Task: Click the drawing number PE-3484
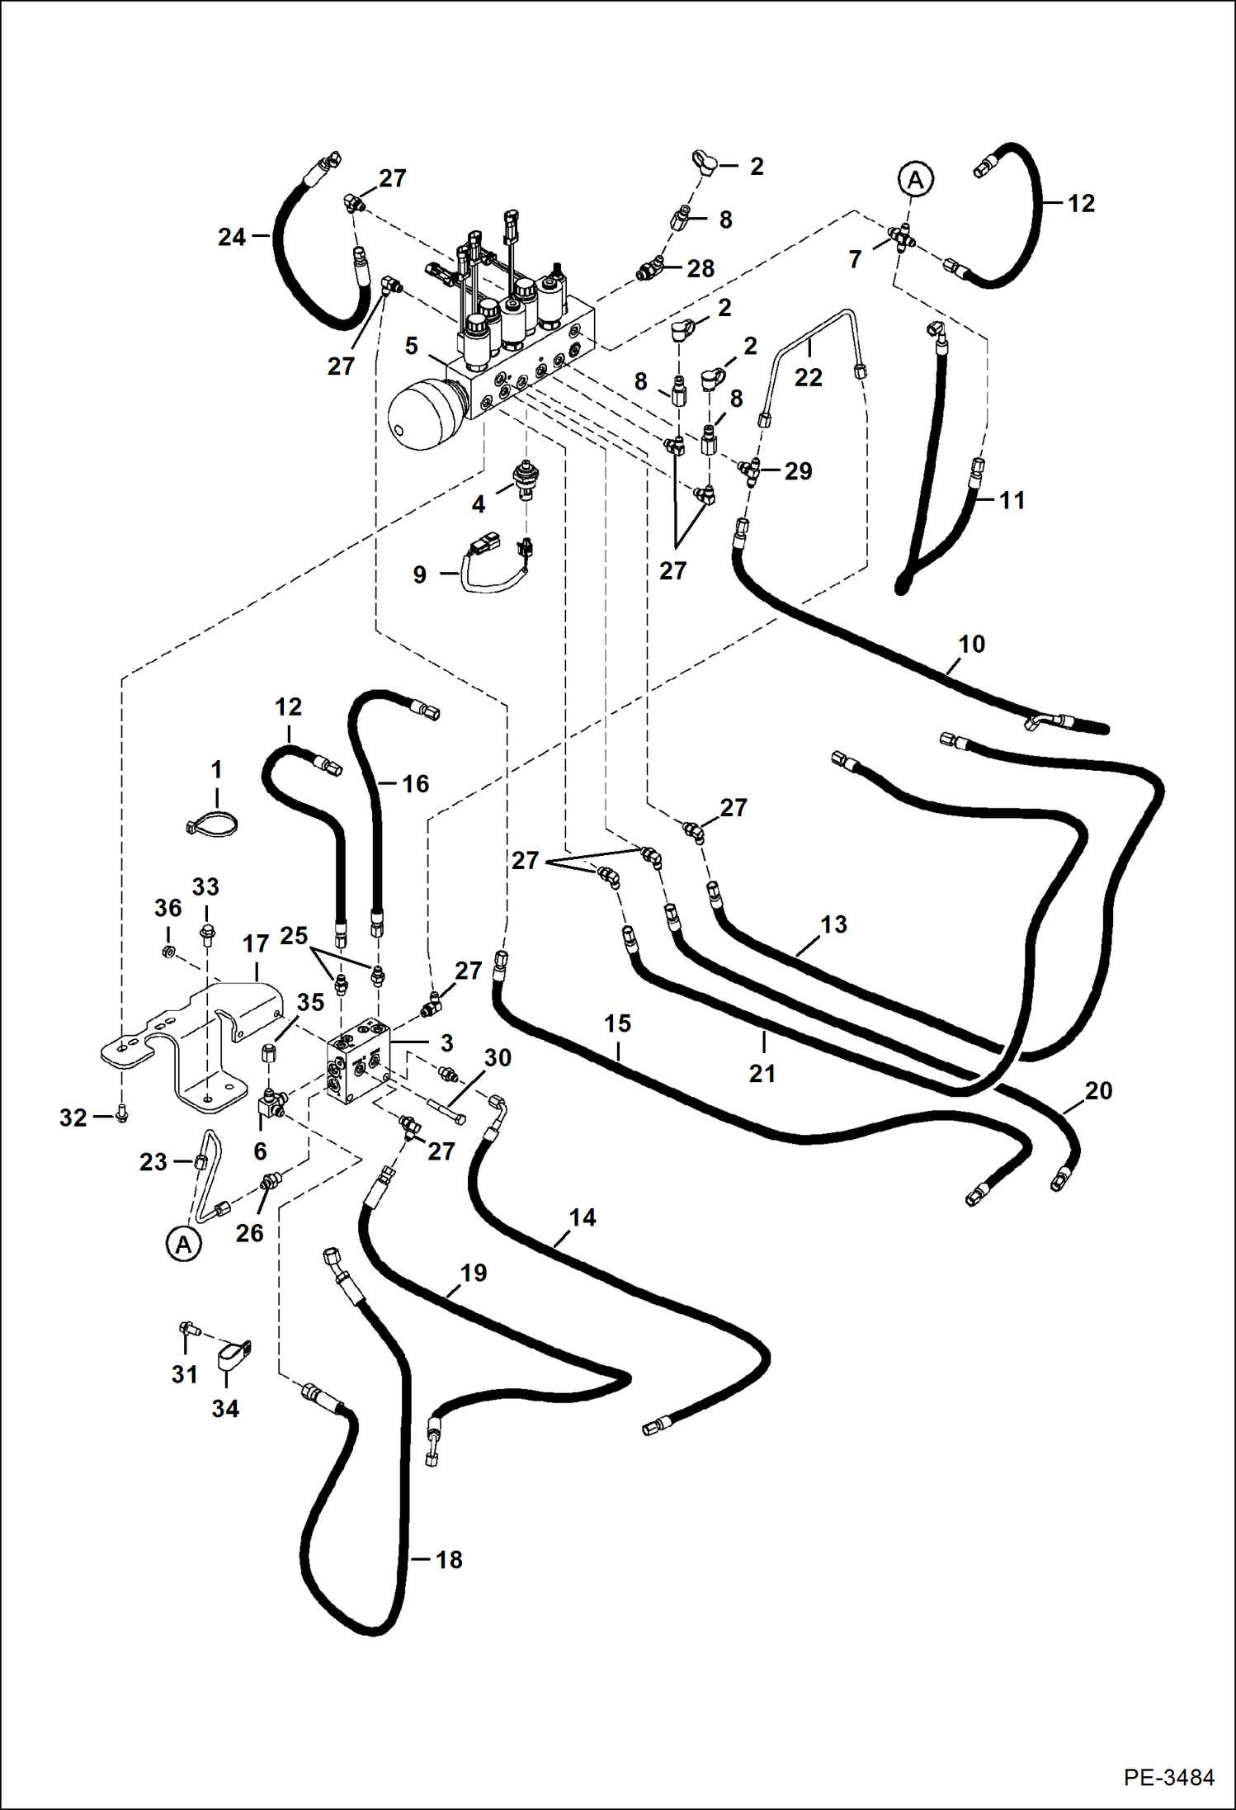coord(1168,1776)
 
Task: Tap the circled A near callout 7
coord(915,178)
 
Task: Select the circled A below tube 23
coord(183,1244)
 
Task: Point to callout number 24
coord(232,238)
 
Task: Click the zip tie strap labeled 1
coord(213,823)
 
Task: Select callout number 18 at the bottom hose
coord(449,1560)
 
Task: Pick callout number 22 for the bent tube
coord(808,377)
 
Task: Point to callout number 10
coord(971,644)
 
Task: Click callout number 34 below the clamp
coord(225,1408)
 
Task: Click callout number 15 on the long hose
coord(617,1023)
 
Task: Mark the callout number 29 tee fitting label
coord(798,470)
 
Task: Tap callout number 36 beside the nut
coord(167,908)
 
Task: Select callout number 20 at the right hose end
coord(1098,1090)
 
